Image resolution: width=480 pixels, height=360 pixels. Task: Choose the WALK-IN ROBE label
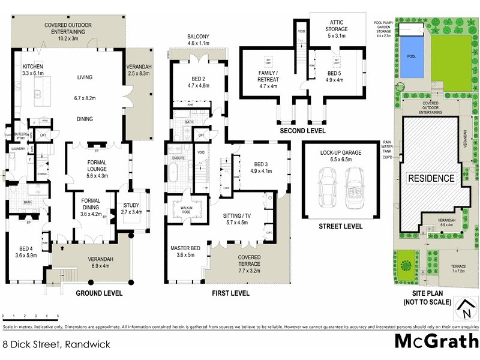pos(186,210)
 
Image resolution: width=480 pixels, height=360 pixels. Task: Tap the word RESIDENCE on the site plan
pos(432,178)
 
